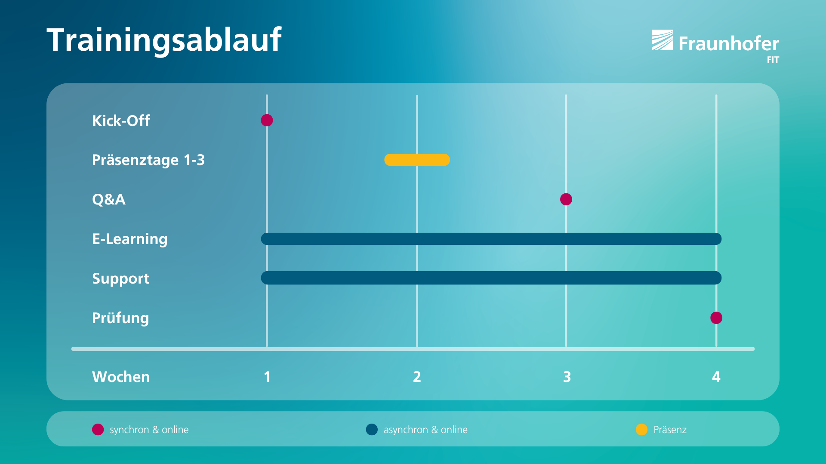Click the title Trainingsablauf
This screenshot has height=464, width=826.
pyautogui.click(x=164, y=40)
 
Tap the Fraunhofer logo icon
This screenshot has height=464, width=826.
pyautogui.click(x=662, y=40)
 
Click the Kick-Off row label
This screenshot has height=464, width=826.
pyautogui.click(x=121, y=121)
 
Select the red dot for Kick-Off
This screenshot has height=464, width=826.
pyautogui.click(x=267, y=120)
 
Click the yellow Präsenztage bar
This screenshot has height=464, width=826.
pyautogui.click(x=417, y=160)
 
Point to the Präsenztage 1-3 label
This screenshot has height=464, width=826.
pyautogui.click(x=148, y=160)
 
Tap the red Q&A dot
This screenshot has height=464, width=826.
pyautogui.click(x=566, y=199)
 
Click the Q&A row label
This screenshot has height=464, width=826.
pyautogui.click(x=109, y=199)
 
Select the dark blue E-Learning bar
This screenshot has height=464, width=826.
pyautogui.click(x=491, y=239)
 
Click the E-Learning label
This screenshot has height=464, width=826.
pyautogui.click(x=130, y=239)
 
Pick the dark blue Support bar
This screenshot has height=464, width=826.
pyautogui.click(x=491, y=278)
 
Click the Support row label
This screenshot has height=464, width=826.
pyautogui.click(x=121, y=279)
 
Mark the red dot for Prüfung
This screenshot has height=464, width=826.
pyautogui.click(x=716, y=318)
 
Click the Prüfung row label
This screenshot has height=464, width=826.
pyautogui.click(x=120, y=318)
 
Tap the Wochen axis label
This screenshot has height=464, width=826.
pyautogui.click(x=121, y=377)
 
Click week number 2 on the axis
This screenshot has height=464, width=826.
pyautogui.click(x=417, y=377)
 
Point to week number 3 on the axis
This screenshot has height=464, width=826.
pyautogui.click(x=567, y=377)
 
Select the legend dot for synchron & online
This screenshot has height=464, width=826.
pyautogui.click(x=98, y=430)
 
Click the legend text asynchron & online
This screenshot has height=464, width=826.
pyautogui.click(x=425, y=430)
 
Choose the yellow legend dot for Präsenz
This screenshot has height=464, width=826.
pyautogui.click(x=641, y=430)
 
